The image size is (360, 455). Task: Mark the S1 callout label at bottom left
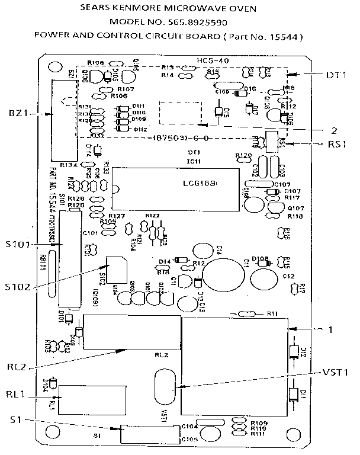(16, 420)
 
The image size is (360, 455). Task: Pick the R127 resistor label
(117, 216)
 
